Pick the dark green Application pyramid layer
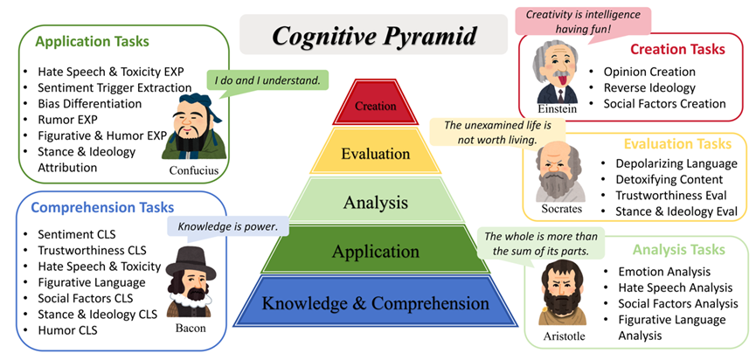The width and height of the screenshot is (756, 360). point(376,250)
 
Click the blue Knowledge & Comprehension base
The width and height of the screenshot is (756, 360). point(376,302)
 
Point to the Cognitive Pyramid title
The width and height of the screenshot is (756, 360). point(374,36)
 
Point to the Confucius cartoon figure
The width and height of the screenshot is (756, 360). point(194,127)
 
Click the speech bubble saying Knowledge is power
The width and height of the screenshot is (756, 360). point(227,226)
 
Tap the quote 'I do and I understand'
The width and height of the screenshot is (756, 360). point(267,80)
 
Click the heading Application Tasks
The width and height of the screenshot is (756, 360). point(92,41)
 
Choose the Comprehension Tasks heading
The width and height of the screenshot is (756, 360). point(102,208)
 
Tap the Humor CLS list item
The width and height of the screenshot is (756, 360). point(67,330)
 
